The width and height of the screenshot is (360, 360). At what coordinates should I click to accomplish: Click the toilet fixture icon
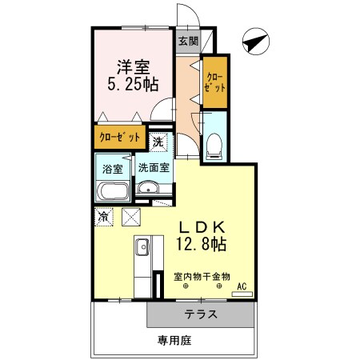pos(214,143)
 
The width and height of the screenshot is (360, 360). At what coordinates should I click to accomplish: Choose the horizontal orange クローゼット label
pos(119,138)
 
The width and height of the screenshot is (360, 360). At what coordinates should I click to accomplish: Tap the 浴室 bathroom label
pos(113,168)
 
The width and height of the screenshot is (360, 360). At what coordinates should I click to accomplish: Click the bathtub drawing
pos(113,192)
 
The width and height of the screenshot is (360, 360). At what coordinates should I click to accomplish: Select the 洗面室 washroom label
pos(153,168)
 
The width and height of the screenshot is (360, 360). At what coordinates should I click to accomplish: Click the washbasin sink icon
pos(147,189)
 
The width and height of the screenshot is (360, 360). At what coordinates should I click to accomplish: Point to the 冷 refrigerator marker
pos(104,215)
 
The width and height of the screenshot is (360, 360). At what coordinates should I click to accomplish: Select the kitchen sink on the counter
pos(141,246)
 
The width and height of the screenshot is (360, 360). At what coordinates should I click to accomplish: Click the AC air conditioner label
pos(242,286)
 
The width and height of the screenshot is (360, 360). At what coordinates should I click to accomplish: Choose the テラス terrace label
pos(201,314)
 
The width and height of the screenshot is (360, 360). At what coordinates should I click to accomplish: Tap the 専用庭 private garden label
pos(174,340)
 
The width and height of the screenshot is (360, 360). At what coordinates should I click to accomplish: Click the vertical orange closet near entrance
pos(214,82)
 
